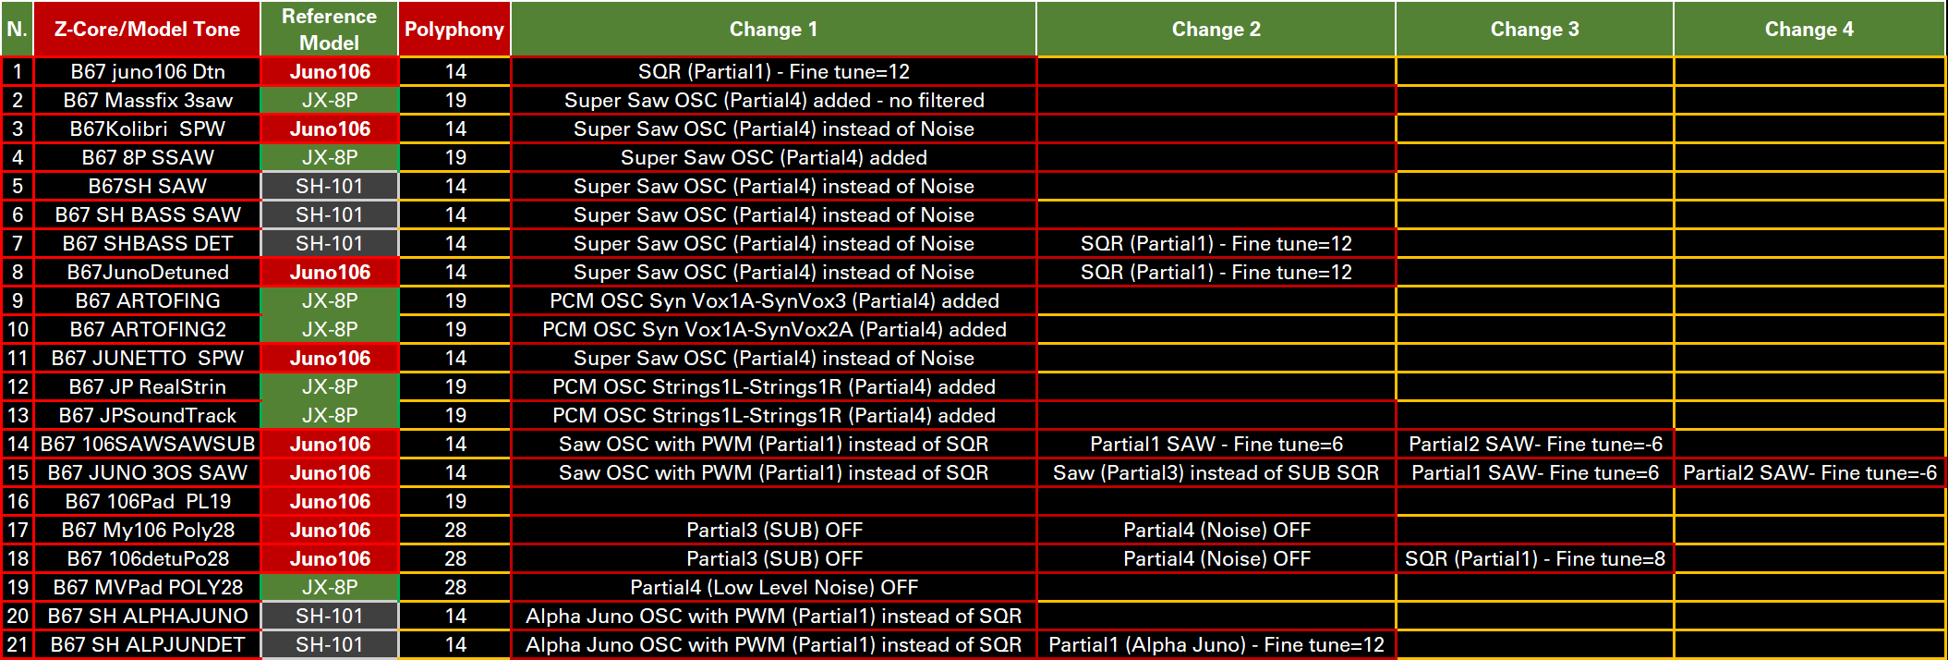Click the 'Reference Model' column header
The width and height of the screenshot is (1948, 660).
click(330, 30)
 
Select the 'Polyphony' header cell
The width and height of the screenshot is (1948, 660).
click(454, 30)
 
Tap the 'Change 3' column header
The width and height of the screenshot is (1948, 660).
click(1534, 30)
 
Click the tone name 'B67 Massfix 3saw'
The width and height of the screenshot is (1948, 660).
click(148, 100)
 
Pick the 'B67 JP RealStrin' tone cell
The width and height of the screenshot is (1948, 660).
click(148, 386)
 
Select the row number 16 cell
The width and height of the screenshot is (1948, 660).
click(18, 501)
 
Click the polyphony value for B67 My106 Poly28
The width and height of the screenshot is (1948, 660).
click(455, 530)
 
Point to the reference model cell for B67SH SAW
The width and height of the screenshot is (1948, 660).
click(330, 186)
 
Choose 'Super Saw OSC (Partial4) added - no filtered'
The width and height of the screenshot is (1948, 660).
click(774, 100)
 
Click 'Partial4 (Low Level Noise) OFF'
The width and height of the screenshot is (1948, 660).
click(774, 587)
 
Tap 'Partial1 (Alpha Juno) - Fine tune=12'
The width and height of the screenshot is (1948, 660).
click(1216, 644)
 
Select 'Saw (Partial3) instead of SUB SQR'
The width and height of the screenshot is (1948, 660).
click(1216, 472)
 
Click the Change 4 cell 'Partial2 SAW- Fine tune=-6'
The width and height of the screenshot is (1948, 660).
click(1809, 472)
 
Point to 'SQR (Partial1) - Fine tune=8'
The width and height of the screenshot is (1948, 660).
click(1535, 558)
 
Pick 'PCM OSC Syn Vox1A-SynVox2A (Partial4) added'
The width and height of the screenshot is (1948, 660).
click(774, 329)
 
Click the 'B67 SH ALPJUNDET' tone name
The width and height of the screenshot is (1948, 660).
click(148, 644)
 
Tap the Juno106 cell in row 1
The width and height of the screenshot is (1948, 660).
click(330, 71)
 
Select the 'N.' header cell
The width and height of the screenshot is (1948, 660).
click(18, 30)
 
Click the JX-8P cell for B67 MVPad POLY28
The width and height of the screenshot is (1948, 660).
click(330, 587)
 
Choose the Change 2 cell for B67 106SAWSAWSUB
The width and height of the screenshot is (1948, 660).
click(1216, 444)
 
